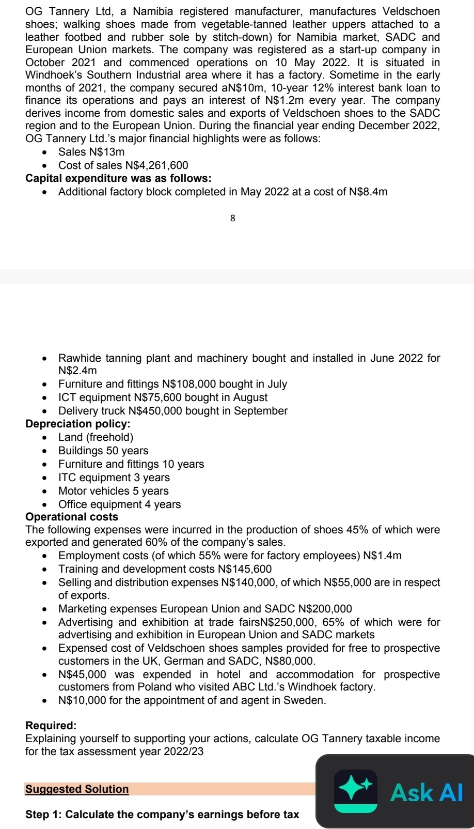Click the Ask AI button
point(426,792)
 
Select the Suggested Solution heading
point(77,789)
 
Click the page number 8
point(232,218)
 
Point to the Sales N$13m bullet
point(91,152)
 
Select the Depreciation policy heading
point(78,424)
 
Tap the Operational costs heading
point(72,517)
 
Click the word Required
point(51,726)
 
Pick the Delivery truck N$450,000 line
point(172,411)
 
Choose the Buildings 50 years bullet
point(103,451)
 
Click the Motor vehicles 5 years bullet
point(113,491)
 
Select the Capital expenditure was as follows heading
point(118,178)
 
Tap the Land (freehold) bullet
point(92,437)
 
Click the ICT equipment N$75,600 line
point(163,397)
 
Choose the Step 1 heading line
point(162,815)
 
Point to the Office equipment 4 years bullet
point(119,504)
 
